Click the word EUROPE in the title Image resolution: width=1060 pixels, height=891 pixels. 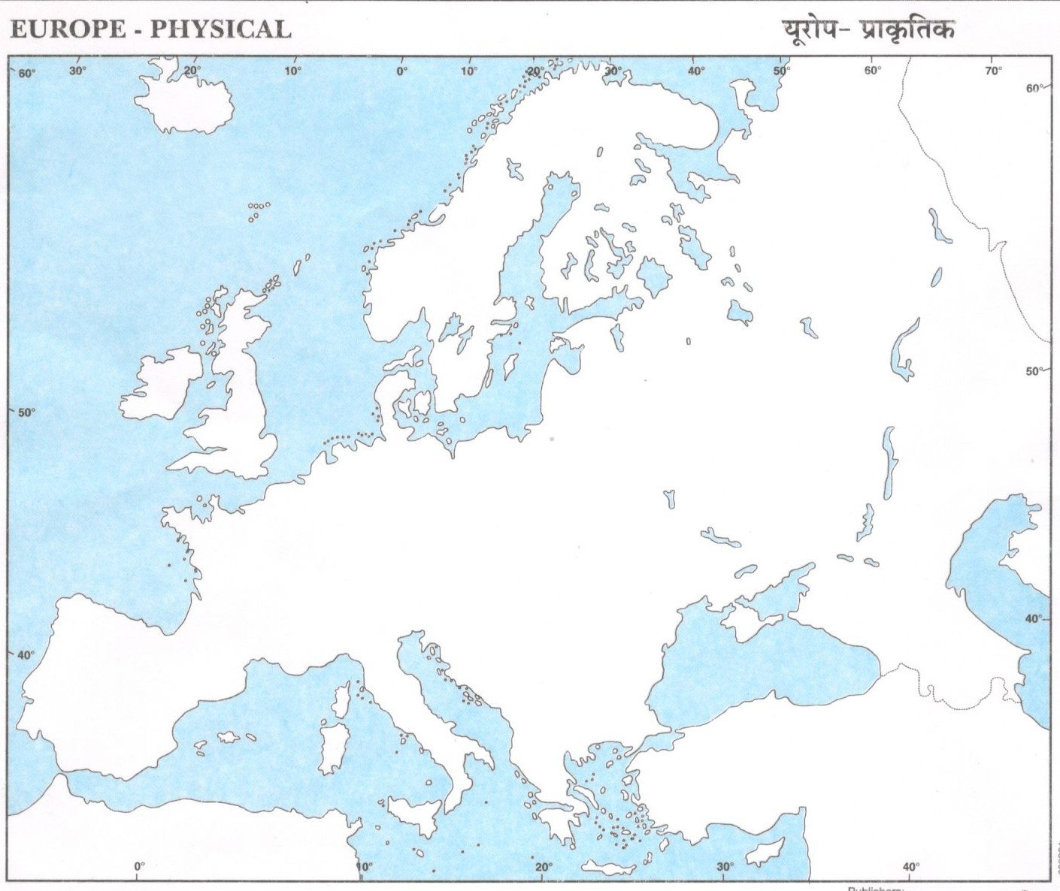[x=68, y=29]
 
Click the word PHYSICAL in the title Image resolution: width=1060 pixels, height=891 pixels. [x=220, y=29]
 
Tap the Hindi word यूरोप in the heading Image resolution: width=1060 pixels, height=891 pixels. [x=808, y=30]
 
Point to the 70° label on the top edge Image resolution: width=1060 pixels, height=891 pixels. [x=993, y=71]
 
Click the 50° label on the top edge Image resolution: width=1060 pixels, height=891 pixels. [x=781, y=71]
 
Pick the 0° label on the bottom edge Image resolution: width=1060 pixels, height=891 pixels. [x=139, y=866]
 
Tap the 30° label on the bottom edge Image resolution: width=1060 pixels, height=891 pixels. [x=725, y=866]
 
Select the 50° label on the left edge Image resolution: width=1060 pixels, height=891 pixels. [x=26, y=412]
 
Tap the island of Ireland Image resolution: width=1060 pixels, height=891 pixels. [x=160, y=385]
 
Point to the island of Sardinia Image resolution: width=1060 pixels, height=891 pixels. [x=332, y=748]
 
